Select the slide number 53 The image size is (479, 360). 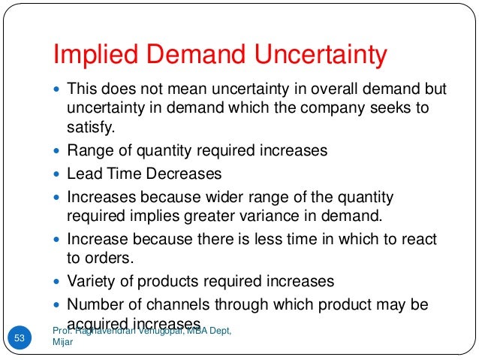(20, 338)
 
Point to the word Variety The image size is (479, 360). (91, 282)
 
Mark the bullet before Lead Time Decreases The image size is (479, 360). (59, 174)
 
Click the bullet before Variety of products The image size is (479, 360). (59, 283)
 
